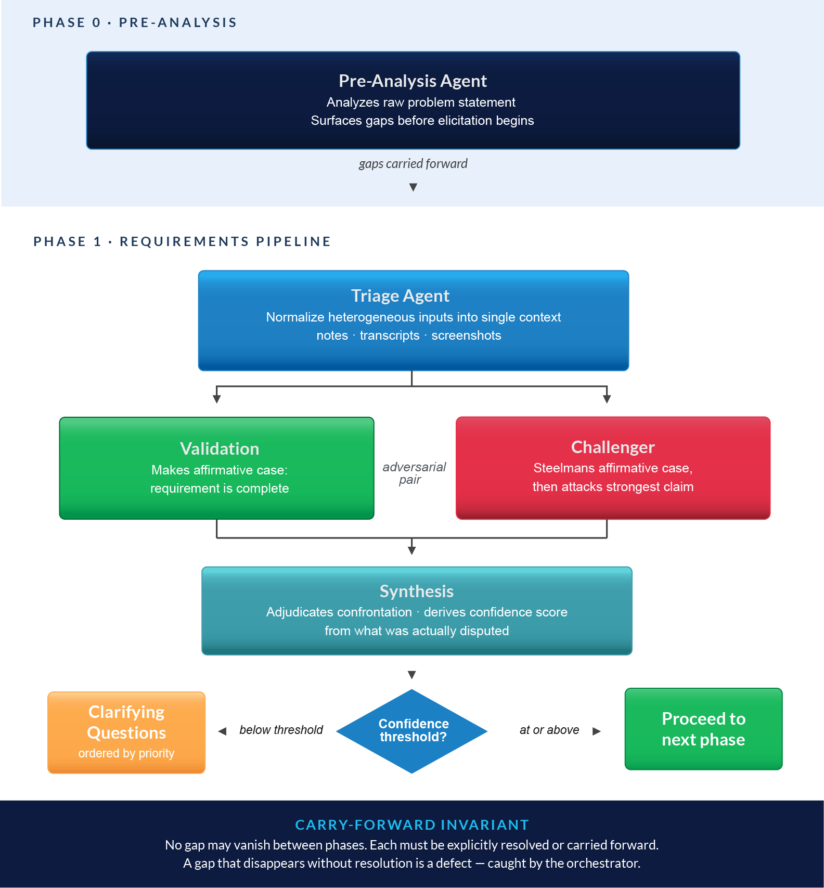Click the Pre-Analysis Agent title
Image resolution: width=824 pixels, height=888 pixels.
tap(413, 81)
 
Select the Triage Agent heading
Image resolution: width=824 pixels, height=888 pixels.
tap(400, 296)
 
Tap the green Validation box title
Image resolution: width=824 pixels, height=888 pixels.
tap(220, 448)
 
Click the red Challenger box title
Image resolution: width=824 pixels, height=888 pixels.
tap(613, 447)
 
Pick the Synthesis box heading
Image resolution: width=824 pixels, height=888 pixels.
tap(417, 591)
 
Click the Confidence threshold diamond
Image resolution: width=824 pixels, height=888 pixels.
tap(412, 731)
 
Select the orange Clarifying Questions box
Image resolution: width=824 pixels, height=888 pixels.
tap(126, 732)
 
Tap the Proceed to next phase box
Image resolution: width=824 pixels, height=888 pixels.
tap(703, 729)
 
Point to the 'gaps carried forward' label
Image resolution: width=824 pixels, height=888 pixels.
tap(413, 164)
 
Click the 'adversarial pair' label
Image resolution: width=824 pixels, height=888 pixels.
tap(414, 473)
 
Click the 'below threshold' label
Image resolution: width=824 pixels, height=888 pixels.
tap(281, 730)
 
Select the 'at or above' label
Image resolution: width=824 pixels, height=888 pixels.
tap(549, 730)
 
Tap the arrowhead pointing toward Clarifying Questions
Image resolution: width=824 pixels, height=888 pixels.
tap(222, 731)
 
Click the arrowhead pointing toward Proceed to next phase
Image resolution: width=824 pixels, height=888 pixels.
tap(597, 731)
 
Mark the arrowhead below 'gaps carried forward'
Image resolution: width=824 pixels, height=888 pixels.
tap(413, 187)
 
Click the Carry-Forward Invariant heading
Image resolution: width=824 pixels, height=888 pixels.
tap(412, 825)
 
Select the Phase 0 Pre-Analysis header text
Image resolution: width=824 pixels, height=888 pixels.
tap(135, 22)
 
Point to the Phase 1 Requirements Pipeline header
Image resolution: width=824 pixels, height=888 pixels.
tap(182, 241)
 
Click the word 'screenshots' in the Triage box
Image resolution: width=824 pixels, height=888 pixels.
tap(466, 336)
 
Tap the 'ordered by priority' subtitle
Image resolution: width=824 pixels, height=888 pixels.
tap(126, 753)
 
